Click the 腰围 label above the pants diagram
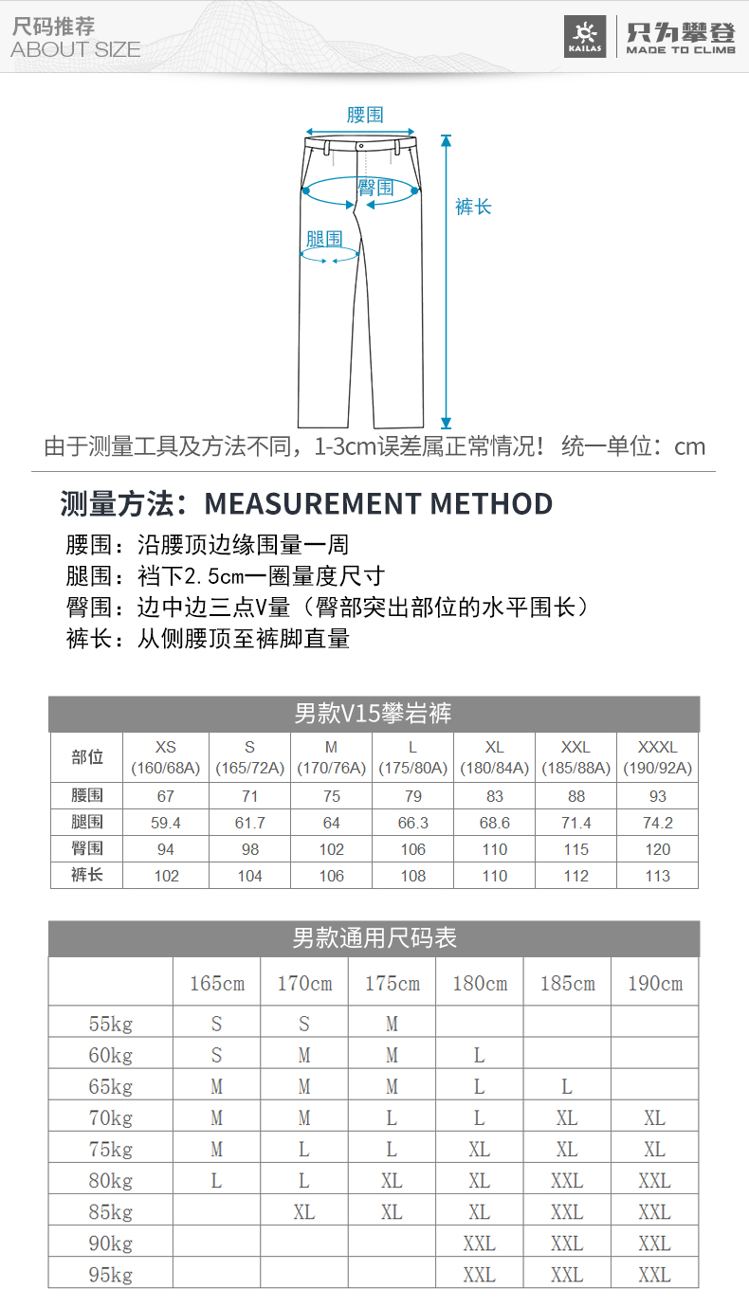coord(365,115)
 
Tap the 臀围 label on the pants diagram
coord(376,188)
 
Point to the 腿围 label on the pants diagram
coord(324,239)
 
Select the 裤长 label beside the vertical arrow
coord(473,207)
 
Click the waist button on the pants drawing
coord(361,146)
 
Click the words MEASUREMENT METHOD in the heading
coord(378,503)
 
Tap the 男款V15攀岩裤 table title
coord(374,714)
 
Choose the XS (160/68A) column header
coord(166,757)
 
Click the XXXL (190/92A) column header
coord(657,757)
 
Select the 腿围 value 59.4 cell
coord(166,823)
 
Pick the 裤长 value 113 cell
coord(657,876)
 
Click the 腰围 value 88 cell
coord(575,796)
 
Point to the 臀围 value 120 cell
coord(657,849)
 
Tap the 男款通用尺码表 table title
coord(374,938)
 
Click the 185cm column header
coord(567,983)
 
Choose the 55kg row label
coord(111,1024)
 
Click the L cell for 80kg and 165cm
coord(216,1181)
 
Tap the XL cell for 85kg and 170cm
coord(303,1212)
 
